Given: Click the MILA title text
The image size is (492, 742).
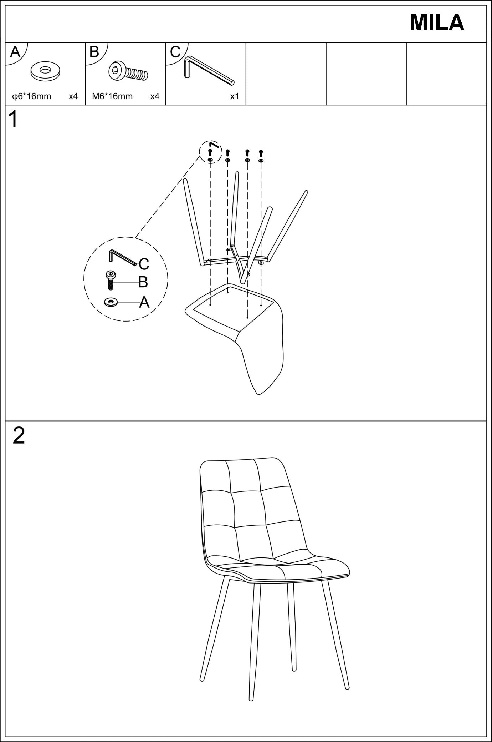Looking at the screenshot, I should point(436,23).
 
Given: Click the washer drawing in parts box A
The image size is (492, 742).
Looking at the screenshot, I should point(45,71).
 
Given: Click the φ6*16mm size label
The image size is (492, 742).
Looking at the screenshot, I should point(32,96).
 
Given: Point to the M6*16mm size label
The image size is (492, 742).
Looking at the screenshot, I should point(112,96).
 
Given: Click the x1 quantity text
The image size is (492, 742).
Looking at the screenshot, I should point(234,96).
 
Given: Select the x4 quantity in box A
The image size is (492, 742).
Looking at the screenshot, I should point(73,96).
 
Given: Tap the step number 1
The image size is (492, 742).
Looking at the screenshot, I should point(14,119).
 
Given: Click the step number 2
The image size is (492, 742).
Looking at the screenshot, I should point(19,436).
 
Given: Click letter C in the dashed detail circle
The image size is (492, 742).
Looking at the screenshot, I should point(144,264).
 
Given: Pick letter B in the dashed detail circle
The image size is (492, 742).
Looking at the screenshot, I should point(143,282).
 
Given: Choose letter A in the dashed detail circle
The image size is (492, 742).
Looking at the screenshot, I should point(144,303).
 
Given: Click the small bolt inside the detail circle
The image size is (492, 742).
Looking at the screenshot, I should point(111,279).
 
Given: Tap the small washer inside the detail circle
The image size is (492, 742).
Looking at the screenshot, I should point(111,302).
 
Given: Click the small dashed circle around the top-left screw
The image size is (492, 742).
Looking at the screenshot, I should point(210,152).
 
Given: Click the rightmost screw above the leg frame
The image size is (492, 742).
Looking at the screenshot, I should point(261,153).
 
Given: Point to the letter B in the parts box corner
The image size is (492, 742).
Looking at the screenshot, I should point(94,52).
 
